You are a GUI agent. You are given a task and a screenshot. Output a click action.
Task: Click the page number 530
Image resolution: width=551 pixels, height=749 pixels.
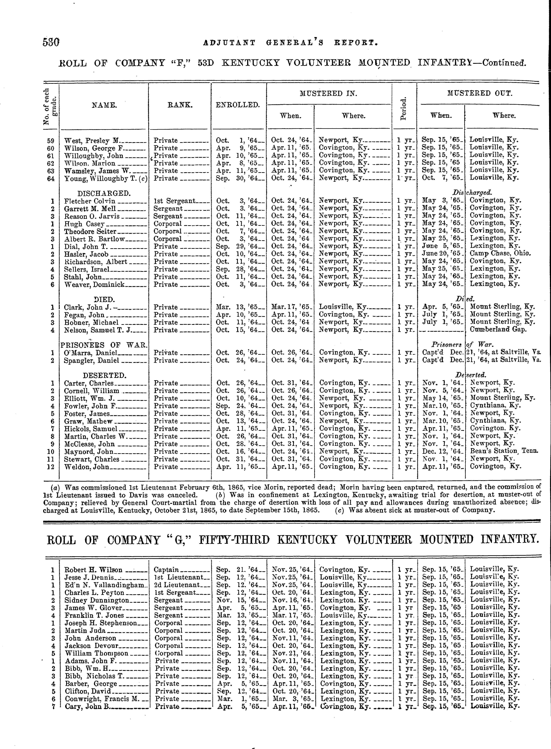(x=51, y=42)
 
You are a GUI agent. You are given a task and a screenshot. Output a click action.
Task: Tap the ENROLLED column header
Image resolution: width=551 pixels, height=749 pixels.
(x=237, y=105)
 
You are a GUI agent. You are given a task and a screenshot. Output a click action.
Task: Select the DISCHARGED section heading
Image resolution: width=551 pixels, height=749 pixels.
(x=104, y=193)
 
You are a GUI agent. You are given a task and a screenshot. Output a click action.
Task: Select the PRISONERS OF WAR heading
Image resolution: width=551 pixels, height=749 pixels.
(x=104, y=345)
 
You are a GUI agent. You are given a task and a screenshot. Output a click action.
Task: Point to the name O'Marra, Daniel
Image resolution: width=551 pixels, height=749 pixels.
(x=90, y=353)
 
